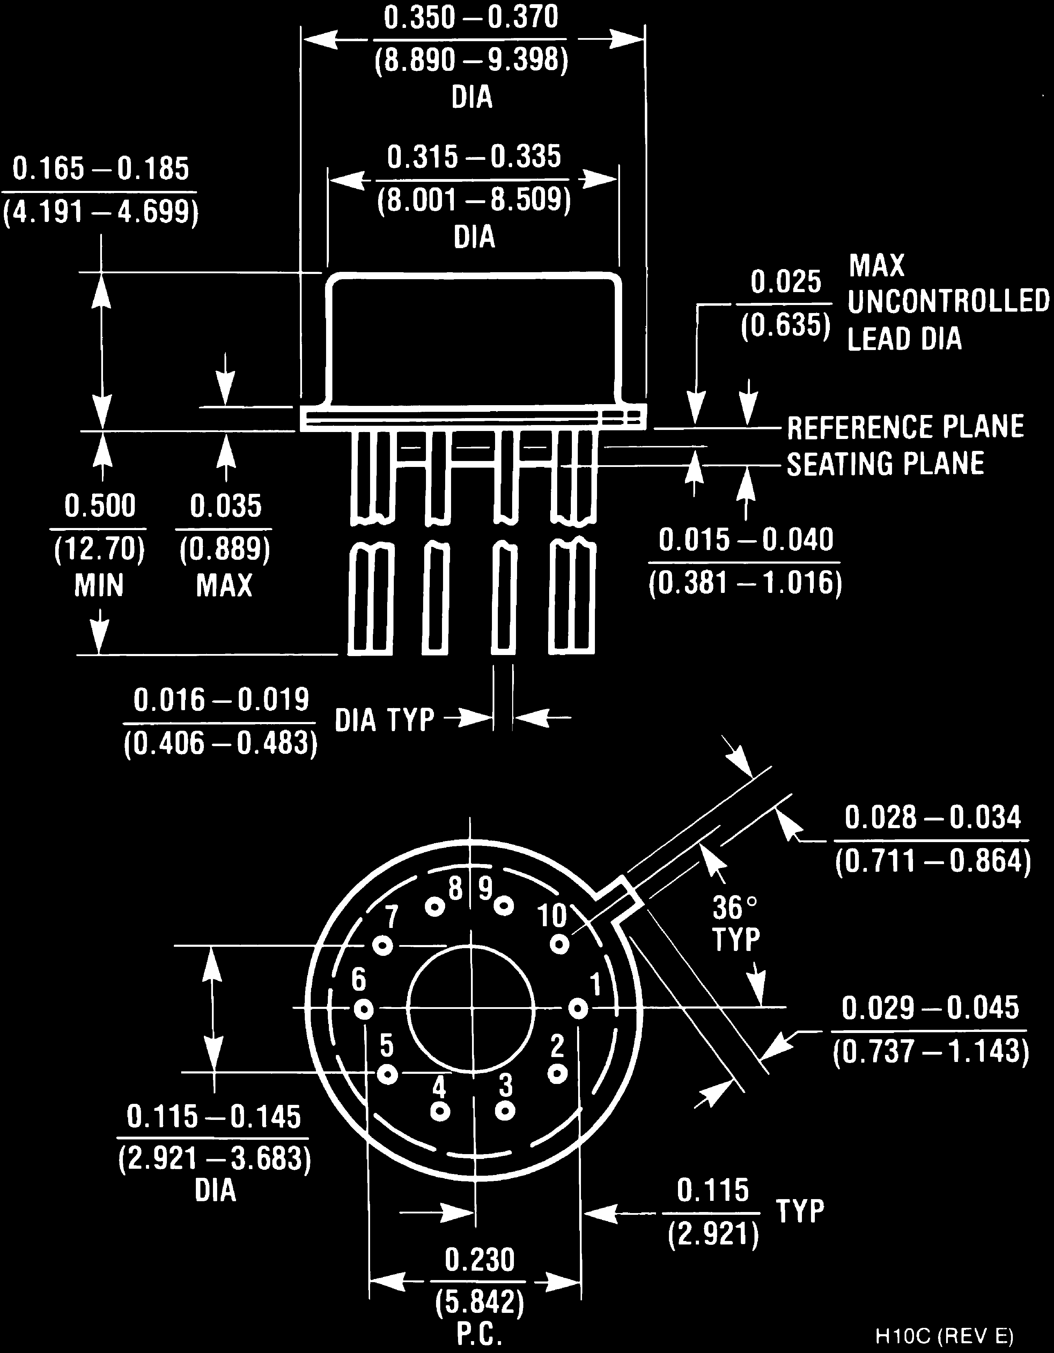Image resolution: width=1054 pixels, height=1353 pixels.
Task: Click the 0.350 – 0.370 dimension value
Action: pos(471,17)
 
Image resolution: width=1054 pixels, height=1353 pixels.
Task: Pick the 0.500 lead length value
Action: pos(100,506)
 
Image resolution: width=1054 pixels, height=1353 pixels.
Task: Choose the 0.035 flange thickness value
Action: pos(226,506)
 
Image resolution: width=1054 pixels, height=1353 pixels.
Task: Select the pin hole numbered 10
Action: pos(560,945)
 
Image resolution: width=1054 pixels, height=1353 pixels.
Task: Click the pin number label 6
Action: pos(358,980)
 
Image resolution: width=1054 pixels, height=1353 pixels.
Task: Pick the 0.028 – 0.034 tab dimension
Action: pos(932,818)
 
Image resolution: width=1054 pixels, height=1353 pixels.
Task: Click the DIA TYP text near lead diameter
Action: pos(384,720)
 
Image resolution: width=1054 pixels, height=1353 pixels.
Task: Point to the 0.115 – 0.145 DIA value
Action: pos(214,1117)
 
